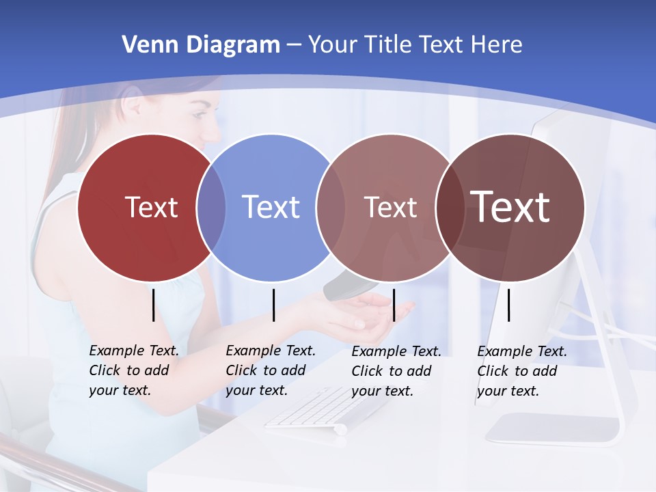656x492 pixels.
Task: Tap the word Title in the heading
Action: [x=387, y=44]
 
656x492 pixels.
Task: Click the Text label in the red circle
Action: [x=151, y=207]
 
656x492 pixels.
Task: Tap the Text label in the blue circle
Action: [x=271, y=207]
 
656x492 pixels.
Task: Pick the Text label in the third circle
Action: [x=390, y=207]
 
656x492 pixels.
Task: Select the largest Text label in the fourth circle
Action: [x=510, y=207]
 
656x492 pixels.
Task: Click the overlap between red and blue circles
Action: [x=211, y=207]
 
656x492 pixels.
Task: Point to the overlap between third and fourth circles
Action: [x=450, y=207]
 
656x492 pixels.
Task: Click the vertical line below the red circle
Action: [x=153, y=305]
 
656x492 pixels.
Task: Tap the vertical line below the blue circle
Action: [x=273, y=305]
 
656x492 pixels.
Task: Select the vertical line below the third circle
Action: [x=394, y=305]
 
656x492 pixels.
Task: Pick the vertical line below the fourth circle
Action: [x=508, y=305]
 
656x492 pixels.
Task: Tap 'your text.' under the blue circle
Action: [x=256, y=390]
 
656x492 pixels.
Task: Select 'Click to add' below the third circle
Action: [x=391, y=371]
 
